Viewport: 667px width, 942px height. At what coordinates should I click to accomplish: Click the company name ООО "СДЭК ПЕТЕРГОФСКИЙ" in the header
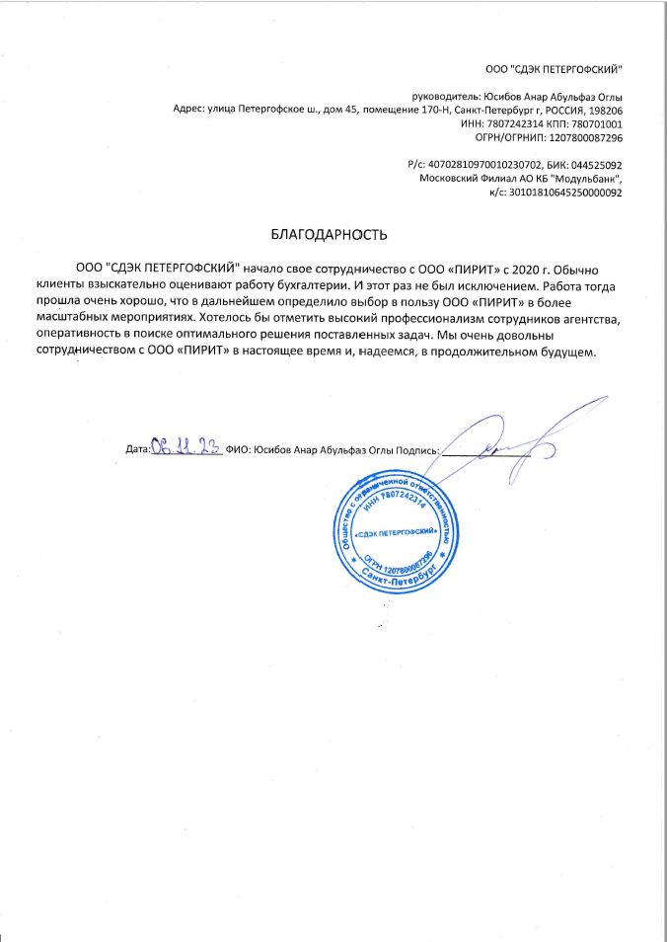[x=555, y=67]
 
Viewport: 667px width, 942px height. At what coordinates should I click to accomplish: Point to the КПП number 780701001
[x=595, y=124]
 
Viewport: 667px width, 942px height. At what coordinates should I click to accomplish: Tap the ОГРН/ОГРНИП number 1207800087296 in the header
[x=577, y=138]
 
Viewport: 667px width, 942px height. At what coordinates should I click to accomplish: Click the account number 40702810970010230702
[x=478, y=165]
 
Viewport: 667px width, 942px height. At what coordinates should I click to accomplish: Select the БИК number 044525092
[x=591, y=165]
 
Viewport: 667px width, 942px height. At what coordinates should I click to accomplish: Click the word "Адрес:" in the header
[x=188, y=111]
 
